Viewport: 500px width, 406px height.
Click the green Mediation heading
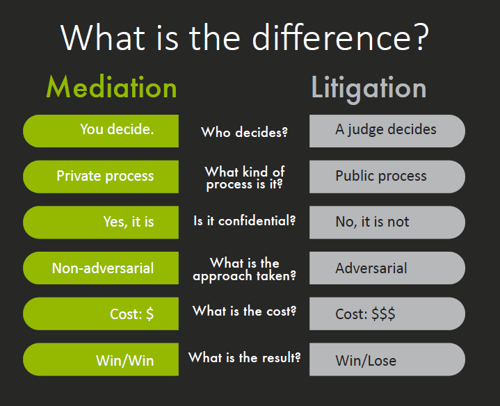coord(111,87)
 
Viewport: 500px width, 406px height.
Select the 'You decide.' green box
coord(101,131)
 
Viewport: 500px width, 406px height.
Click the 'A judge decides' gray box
coord(387,131)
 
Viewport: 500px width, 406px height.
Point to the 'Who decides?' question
coord(244,132)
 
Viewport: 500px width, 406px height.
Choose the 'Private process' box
coord(101,177)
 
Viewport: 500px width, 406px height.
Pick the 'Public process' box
coord(387,177)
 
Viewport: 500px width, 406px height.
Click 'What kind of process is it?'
coord(245,178)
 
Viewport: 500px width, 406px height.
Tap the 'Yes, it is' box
coord(101,222)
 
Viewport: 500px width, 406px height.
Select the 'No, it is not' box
coord(387,222)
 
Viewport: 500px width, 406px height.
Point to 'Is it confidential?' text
coord(245,221)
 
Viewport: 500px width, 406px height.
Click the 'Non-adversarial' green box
coord(101,268)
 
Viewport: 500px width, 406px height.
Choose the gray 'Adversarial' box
coord(387,268)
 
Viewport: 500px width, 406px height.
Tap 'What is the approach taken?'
coord(245,269)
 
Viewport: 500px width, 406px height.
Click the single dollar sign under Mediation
coord(150,314)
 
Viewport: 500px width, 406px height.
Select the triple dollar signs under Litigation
coord(383,314)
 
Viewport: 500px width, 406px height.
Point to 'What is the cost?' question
coord(245,311)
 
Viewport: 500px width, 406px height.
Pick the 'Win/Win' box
coord(101,359)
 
